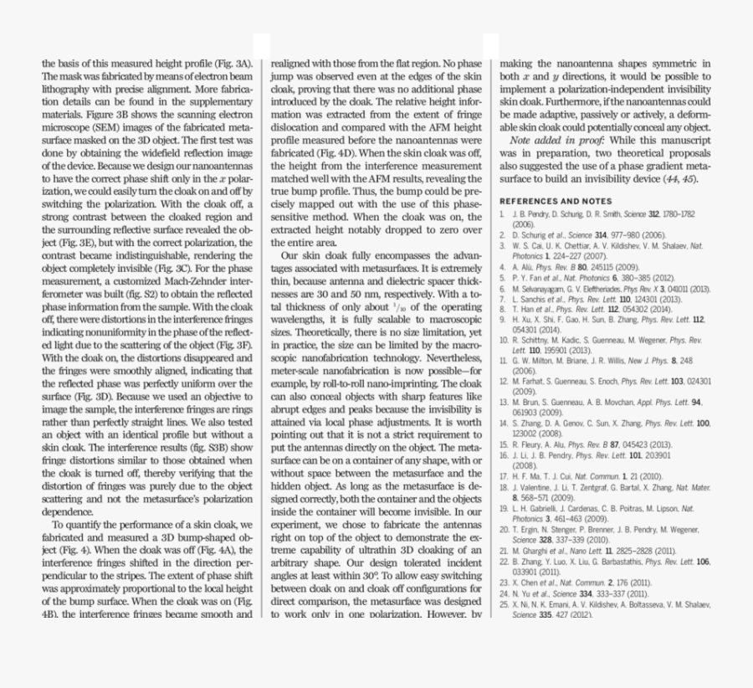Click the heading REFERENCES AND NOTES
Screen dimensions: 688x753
[555, 202]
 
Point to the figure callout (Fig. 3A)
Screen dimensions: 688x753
[231, 64]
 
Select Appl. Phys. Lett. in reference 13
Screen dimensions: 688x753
[657, 403]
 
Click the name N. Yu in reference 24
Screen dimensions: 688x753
[525, 593]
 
